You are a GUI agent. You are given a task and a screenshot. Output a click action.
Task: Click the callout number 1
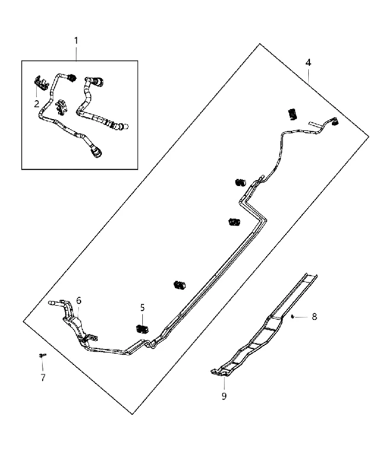(x=76, y=40)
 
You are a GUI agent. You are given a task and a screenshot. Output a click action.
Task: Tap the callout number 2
(x=37, y=104)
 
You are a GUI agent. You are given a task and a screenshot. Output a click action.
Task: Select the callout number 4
(x=308, y=63)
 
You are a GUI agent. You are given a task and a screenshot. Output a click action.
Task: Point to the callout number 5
(x=142, y=308)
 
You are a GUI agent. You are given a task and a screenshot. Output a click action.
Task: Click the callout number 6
(x=79, y=300)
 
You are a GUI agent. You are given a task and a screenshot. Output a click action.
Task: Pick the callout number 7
(x=43, y=377)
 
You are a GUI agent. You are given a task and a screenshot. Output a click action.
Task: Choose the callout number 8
(x=314, y=317)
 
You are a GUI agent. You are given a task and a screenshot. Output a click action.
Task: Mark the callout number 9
(x=224, y=396)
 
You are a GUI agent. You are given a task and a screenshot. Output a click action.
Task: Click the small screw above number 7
(x=42, y=355)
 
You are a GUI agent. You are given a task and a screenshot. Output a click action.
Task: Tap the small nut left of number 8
(x=293, y=316)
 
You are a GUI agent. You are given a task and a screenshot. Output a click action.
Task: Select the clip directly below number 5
(x=142, y=329)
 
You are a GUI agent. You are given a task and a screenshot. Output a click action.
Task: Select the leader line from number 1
(x=76, y=53)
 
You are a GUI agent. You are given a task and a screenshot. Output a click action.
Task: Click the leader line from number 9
(x=224, y=383)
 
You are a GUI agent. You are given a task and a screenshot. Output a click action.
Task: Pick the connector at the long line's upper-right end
(x=335, y=121)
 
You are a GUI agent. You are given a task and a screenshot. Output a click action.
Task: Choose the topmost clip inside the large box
(x=292, y=114)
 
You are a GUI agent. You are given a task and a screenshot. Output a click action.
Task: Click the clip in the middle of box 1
(x=61, y=107)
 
